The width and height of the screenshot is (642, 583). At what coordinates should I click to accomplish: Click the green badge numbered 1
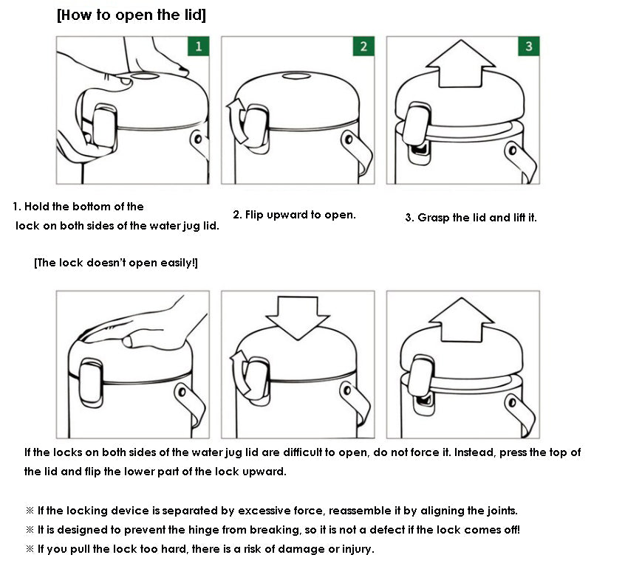(199, 46)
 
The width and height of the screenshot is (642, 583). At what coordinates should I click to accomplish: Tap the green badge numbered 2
(363, 46)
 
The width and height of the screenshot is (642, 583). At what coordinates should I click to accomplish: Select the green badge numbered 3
(528, 46)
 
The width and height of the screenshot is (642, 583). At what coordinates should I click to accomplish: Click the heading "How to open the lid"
(132, 15)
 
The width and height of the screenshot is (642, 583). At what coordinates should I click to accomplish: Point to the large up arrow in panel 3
(460, 66)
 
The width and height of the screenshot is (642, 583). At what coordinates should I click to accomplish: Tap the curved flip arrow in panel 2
(236, 121)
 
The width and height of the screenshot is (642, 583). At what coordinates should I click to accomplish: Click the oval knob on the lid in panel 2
(297, 76)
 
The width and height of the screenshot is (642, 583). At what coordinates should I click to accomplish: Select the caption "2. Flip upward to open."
(294, 215)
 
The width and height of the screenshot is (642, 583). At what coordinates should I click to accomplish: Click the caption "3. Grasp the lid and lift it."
(471, 218)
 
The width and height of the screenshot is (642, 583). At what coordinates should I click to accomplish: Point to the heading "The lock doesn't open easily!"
(116, 263)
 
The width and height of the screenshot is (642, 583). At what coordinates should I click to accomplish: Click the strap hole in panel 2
(349, 139)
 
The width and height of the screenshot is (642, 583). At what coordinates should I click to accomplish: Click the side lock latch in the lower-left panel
(90, 383)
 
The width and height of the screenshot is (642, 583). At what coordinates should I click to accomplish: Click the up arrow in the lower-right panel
(462, 321)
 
